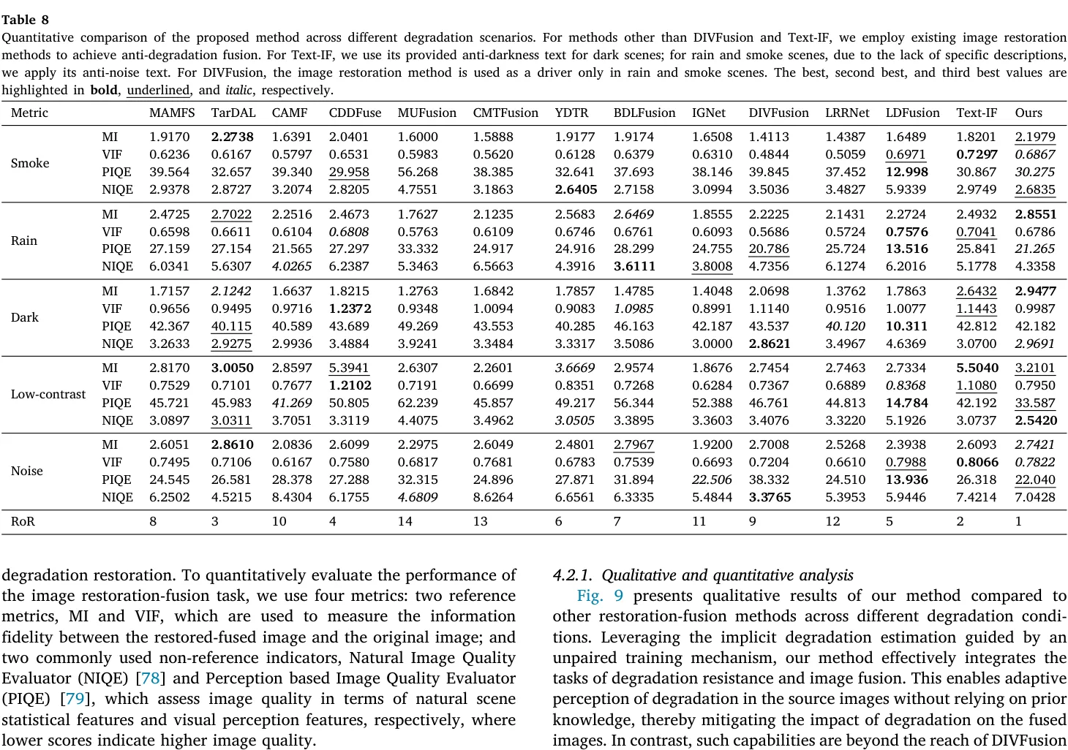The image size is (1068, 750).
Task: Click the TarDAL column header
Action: (x=233, y=113)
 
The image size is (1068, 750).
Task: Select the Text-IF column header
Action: (x=976, y=113)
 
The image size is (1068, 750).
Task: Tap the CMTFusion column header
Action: (x=505, y=113)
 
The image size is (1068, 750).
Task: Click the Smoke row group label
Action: (x=30, y=163)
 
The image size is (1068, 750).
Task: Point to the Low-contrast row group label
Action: (x=48, y=394)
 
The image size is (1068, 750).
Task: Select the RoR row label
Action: (x=23, y=521)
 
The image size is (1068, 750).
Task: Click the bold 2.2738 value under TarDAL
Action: (x=232, y=137)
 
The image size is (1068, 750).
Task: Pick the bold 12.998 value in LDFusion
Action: (x=906, y=172)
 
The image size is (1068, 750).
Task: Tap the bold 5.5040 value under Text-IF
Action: (x=977, y=368)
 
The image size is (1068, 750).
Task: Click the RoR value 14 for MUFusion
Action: (x=405, y=521)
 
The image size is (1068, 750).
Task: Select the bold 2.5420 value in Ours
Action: (x=1035, y=420)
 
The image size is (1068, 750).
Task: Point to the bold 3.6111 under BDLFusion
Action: (x=633, y=266)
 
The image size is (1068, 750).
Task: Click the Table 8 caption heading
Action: (x=25, y=20)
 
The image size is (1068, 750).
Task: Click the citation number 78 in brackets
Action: (x=151, y=678)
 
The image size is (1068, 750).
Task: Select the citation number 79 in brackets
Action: (x=75, y=699)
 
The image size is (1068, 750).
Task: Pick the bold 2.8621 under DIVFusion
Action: (x=769, y=344)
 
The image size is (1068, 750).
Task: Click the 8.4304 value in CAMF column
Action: (x=291, y=497)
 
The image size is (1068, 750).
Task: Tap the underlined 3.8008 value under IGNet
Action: (x=712, y=266)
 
